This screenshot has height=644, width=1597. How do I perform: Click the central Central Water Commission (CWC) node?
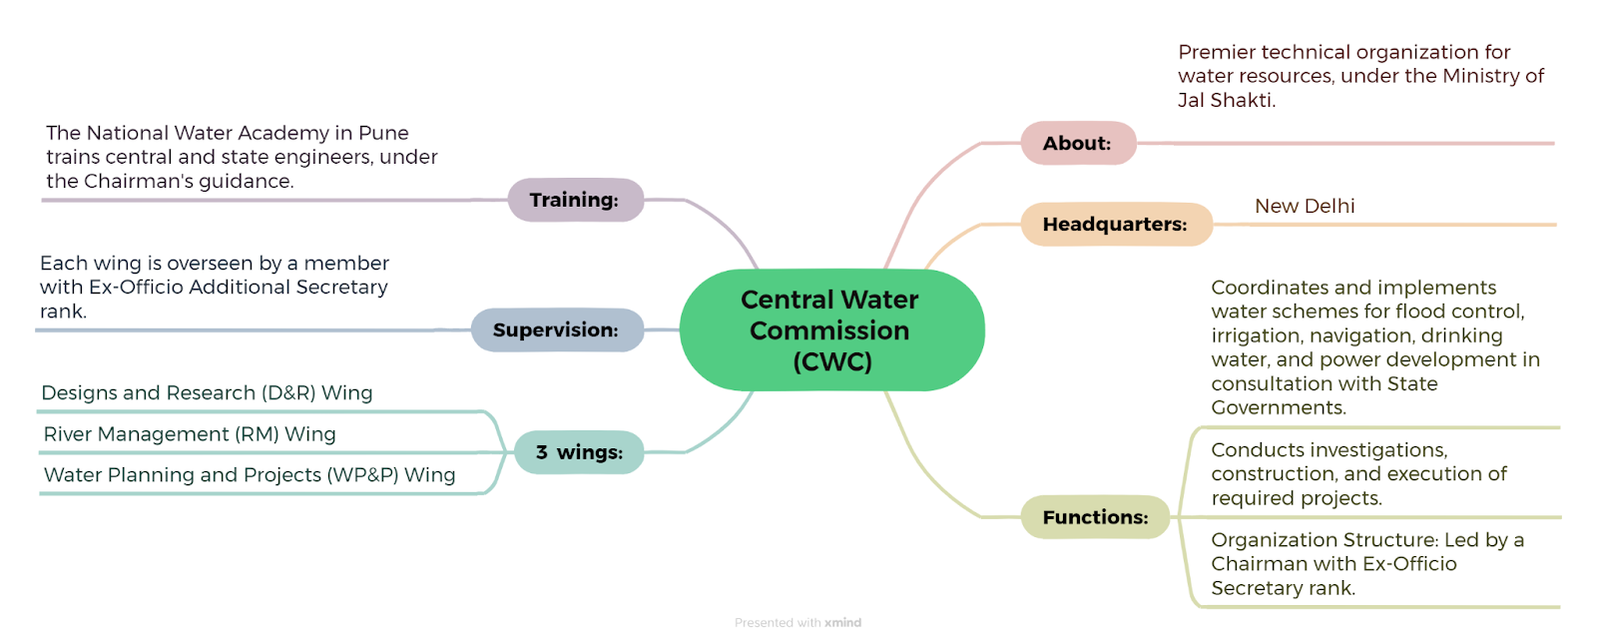pyautogui.click(x=832, y=330)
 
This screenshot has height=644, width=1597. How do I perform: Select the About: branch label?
pyautogui.click(x=1078, y=144)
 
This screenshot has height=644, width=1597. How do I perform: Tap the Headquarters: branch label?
pyautogui.click(x=1116, y=224)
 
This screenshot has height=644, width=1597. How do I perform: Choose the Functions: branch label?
pyautogui.click(x=1095, y=517)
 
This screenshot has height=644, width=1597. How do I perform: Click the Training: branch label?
pyautogui.click(x=575, y=200)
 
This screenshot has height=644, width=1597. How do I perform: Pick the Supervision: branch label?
pyautogui.click(x=557, y=330)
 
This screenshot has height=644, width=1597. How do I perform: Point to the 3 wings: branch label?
pyautogui.click(x=579, y=452)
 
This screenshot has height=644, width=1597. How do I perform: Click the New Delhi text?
pyautogui.click(x=1305, y=206)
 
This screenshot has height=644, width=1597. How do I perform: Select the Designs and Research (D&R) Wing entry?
pyautogui.click(x=207, y=393)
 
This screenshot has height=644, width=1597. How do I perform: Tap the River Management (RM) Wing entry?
pyautogui.click(x=190, y=434)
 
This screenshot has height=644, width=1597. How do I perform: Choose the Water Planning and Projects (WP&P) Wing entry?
pyautogui.click(x=250, y=475)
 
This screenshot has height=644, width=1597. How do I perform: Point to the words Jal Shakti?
pyautogui.click(x=1226, y=101)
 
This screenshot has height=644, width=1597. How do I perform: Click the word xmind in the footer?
pyautogui.click(x=842, y=623)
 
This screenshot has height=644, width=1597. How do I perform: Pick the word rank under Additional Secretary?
pyautogui.click(x=63, y=312)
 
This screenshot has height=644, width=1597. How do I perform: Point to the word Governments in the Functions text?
pyautogui.click(x=1279, y=408)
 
